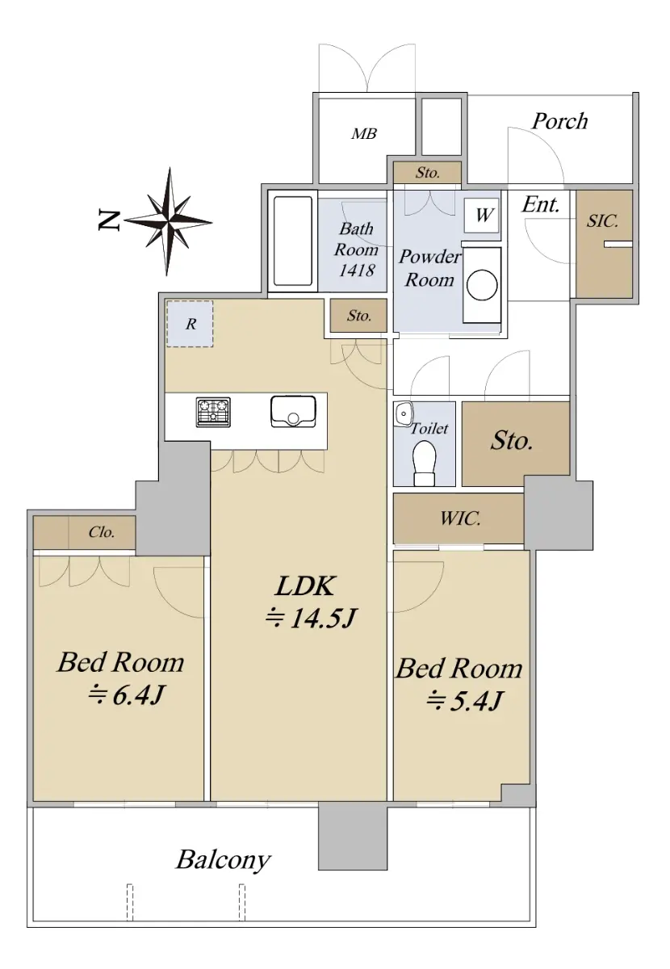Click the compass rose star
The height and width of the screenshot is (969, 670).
[x=168, y=221]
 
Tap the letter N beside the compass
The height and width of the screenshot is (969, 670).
[x=109, y=220]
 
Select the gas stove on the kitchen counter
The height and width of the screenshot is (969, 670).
[x=213, y=412]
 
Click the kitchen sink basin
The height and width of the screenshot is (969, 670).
[x=293, y=411]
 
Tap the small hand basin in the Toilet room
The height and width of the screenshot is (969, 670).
[x=404, y=413]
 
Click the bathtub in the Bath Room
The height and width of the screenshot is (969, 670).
[x=293, y=241]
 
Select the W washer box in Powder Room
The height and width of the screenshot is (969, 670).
[x=481, y=215]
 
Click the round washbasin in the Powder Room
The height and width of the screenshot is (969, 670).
[x=482, y=285]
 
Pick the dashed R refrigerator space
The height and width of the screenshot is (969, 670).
[x=190, y=324]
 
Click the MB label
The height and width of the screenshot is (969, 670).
[x=364, y=134]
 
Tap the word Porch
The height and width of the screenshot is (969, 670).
[x=559, y=120]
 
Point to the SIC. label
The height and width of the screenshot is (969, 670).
[x=602, y=221]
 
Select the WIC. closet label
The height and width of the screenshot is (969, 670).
[x=460, y=518]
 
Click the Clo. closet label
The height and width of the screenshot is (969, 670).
[x=102, y=532]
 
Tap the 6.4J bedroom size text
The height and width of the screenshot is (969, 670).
[x=126, y=695]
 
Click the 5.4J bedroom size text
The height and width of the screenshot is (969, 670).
[x=464, y=700]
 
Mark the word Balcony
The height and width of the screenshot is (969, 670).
[x=223, y=861]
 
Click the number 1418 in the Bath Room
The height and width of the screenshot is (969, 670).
[x=357, y=270]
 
